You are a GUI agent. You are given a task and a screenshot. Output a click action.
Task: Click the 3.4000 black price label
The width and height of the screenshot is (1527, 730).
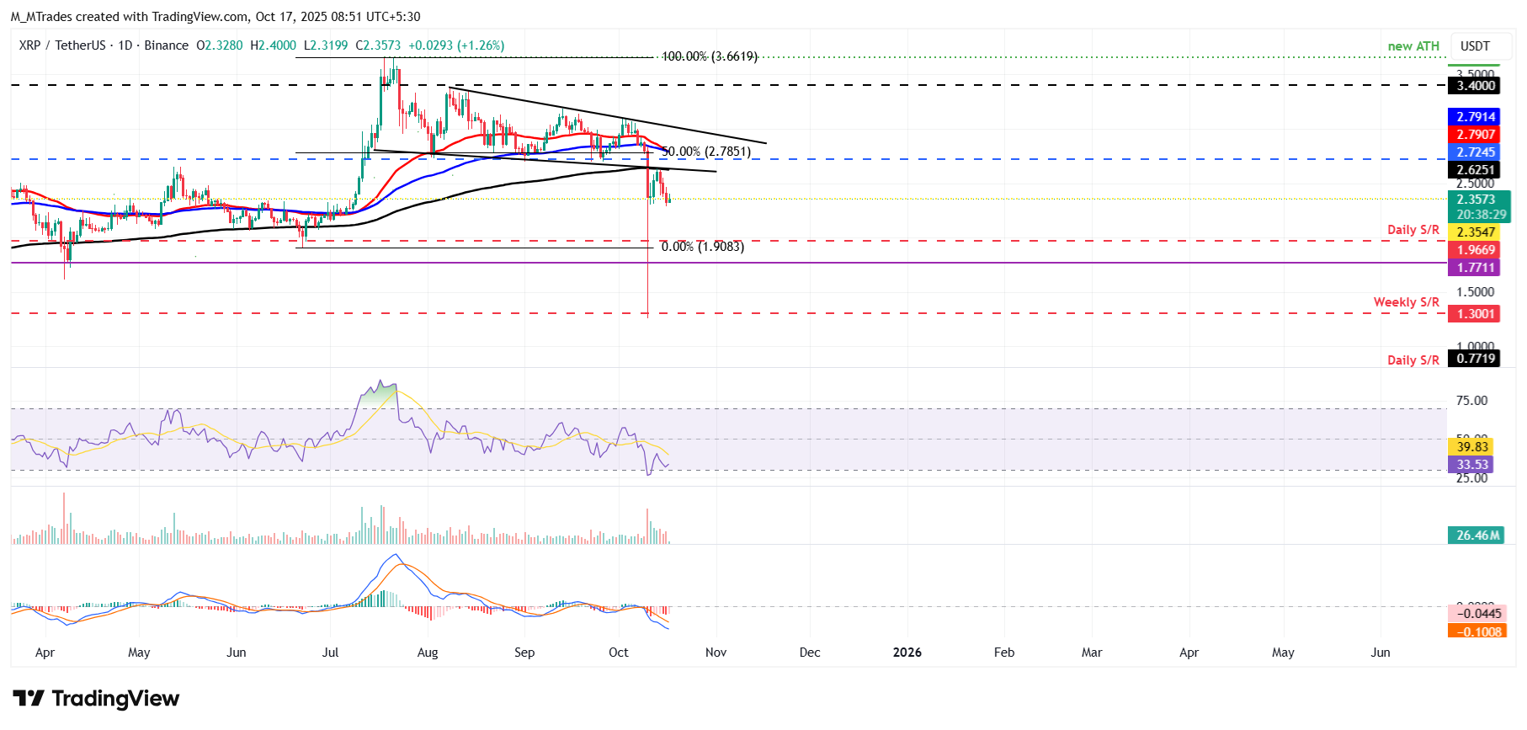point(1476,86)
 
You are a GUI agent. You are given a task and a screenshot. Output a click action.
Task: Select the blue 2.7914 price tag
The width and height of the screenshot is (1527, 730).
point(1476,117)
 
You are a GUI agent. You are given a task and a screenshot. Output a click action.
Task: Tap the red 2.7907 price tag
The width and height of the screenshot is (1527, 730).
point(1476,135)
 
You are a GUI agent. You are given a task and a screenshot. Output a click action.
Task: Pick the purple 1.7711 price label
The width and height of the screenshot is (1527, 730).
point(1476,268)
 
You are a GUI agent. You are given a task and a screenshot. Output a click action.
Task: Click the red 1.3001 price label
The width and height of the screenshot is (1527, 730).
point(1476,314)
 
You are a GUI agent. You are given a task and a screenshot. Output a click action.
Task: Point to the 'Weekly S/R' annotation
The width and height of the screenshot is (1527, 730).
point(1406,302)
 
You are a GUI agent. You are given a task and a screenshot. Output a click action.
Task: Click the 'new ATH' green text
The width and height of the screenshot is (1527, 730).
point(1413,46)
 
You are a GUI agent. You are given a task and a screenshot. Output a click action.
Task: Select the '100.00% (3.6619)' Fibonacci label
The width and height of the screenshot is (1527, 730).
point(709,56)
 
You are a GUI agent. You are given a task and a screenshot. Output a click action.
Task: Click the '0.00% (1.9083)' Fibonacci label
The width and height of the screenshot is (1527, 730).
point(702,247)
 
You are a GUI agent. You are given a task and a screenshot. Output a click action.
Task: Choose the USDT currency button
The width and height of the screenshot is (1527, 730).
point(1475,46)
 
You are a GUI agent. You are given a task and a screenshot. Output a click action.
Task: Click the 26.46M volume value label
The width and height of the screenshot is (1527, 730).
point(1478,536)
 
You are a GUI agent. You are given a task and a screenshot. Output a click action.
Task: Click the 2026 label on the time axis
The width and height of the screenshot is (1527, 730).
point(907,653)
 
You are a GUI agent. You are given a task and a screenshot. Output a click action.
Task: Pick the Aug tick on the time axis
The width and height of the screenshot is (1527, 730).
point(428,653)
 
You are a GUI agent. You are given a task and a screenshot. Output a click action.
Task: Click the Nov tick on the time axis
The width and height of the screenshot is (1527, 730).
point(716,653)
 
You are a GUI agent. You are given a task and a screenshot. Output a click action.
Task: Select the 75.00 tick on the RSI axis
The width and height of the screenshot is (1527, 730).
point(1471,401)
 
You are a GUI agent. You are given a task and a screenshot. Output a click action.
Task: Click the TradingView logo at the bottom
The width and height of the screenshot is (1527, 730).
point(96,699)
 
